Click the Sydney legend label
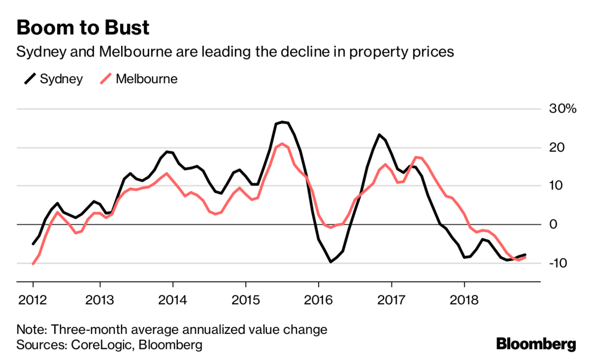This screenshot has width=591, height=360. point(61,79)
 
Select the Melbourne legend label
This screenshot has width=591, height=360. point(146,79)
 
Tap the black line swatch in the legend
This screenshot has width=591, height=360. point(31,79)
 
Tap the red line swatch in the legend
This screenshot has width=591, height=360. point(106,79)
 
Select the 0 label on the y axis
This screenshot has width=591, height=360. point(553,224)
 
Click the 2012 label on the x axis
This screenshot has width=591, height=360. point(33,300)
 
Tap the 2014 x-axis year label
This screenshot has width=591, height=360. point(173,300)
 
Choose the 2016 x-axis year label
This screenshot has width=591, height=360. point(319,300)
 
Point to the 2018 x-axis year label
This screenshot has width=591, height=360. point(464,300)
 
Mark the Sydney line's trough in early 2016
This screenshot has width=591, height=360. point(331,262)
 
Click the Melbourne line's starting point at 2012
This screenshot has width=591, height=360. point(33,264)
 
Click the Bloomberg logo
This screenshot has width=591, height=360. point(536,344)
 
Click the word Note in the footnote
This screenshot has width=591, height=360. point(30,330)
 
